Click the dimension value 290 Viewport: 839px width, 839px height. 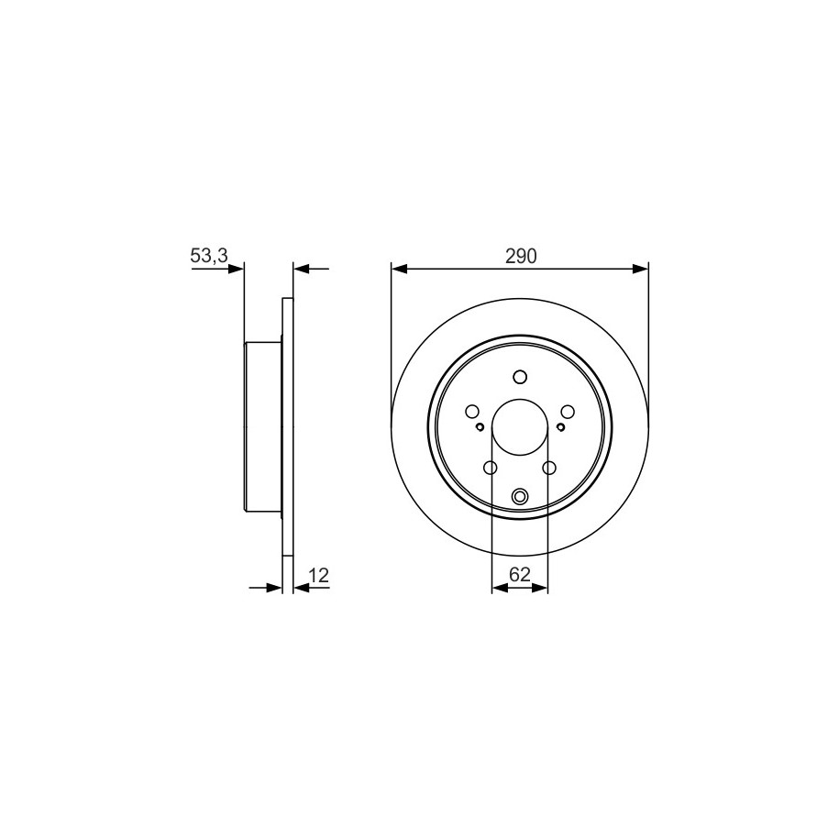point(521,257)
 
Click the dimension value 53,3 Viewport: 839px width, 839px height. point(209,256)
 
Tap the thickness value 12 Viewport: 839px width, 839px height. point(318,575)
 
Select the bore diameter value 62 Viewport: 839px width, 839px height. point(520,575)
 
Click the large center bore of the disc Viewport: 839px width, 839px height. point(520,427)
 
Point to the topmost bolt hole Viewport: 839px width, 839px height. point(520,377)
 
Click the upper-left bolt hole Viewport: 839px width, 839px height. point(472,412)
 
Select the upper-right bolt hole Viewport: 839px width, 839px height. point(568,412)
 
